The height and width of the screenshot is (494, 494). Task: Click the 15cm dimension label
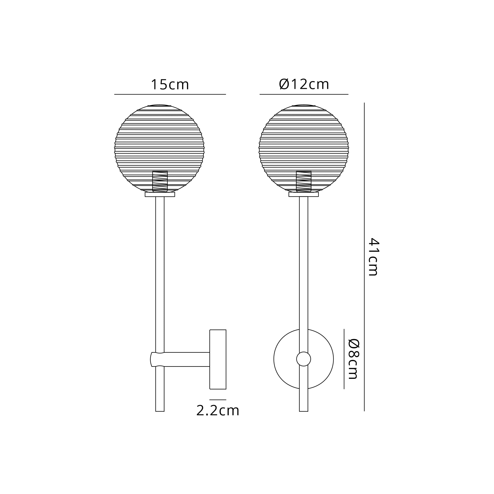click(x=170, y=84)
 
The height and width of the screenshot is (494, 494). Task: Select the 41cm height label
click(x=373, y=257)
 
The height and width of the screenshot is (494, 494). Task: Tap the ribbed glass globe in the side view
click(x=159, y=143)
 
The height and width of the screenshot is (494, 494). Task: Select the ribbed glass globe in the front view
click(x=304, y=143)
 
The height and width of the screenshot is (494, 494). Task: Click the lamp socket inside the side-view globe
click(x=160, y=181)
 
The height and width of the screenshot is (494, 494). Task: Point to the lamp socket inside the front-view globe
click(x=304, y=181)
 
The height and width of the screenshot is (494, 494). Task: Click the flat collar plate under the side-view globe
click(x=160, y=195)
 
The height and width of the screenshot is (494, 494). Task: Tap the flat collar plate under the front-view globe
click(x=304, y=195)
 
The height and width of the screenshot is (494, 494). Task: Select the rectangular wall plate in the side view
click(x=218, y=359)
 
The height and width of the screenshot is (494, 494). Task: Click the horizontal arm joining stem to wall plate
click(x=187, y=359)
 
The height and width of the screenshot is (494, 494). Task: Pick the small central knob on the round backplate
click(x=304, y=359)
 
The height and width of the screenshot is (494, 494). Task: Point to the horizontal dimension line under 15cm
click(x=170, y=94)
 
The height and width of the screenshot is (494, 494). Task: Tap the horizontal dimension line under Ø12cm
click(x=304, y=94)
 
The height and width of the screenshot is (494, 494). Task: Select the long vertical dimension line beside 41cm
click(x=364, y=257)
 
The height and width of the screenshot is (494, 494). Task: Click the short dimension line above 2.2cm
click(x=218, y=400)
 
